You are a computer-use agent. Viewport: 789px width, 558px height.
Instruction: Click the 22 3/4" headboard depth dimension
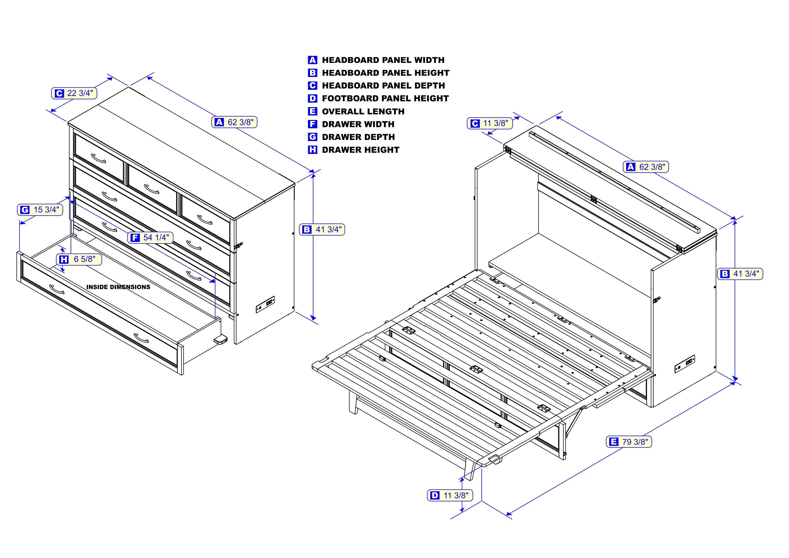point(74,93)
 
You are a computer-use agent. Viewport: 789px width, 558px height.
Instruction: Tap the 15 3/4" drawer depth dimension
point(40,210)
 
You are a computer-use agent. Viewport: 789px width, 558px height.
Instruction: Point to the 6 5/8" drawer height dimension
point(79,259)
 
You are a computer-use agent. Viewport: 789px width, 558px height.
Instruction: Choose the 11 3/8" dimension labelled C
point(490,123)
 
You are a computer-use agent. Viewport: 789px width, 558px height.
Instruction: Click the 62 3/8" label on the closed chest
point(234,122)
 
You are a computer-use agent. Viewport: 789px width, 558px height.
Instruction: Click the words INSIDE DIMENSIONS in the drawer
point(118,287)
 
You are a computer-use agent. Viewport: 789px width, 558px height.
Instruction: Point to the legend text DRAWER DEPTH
point(358,137)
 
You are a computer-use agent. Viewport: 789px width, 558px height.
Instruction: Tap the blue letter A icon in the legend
point(312,60)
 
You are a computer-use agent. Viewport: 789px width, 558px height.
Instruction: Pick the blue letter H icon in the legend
point(312,150)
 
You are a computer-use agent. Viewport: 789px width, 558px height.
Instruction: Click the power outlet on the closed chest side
point(265,304)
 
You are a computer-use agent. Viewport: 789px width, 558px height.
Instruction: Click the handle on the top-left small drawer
point(99,158)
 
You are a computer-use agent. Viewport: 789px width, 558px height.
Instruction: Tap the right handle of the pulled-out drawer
point(141,338)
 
